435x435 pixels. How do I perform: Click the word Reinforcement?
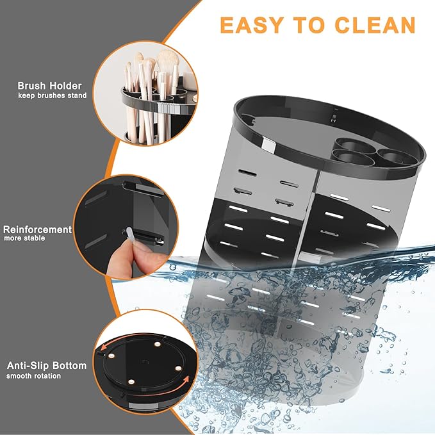(x=37, y=229)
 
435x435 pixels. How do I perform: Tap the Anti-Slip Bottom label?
(x=46, y=366)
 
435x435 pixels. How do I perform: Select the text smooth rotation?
(x=34, y=375)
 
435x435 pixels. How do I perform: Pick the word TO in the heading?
(x=309, y=24)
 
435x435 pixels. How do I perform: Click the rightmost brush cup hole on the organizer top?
(x=392, y=156)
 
